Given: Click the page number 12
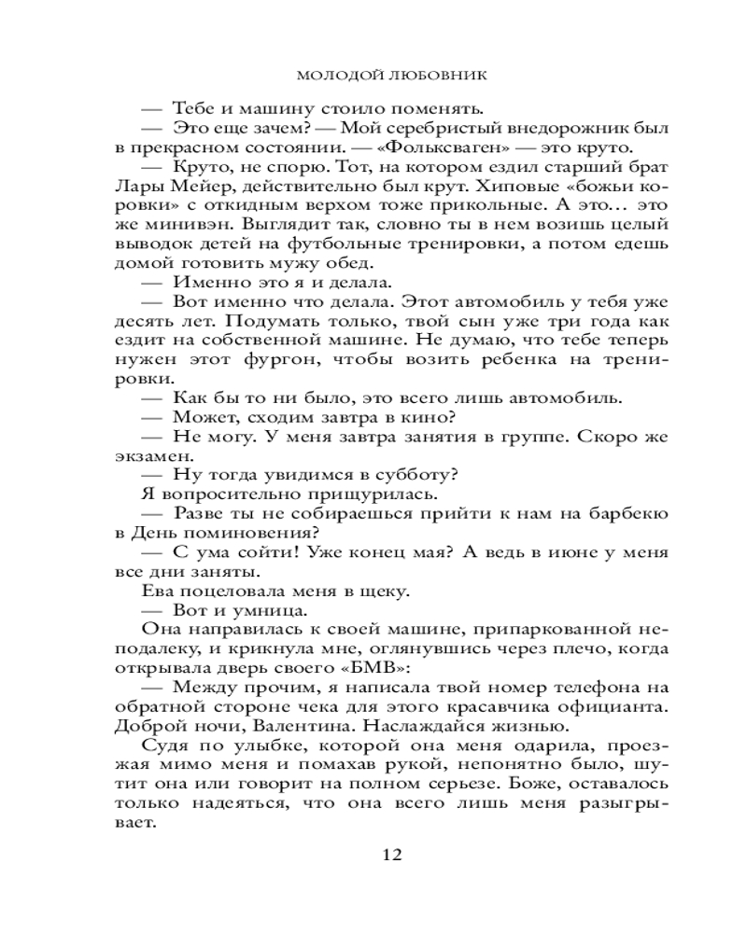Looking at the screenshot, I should (392, 856).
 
